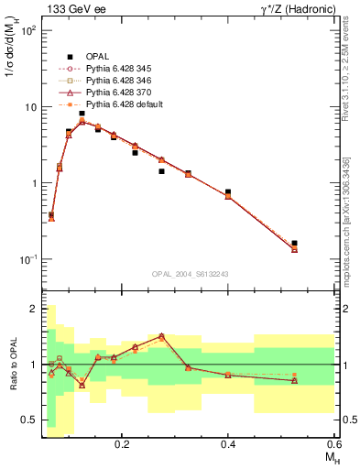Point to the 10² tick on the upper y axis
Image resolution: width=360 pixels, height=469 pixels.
(28, 30)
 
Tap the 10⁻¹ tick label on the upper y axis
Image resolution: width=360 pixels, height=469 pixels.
(28, 259)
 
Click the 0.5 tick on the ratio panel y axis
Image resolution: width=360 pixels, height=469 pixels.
(29, 420)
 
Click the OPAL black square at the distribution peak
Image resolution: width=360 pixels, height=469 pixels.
(82, 114)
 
